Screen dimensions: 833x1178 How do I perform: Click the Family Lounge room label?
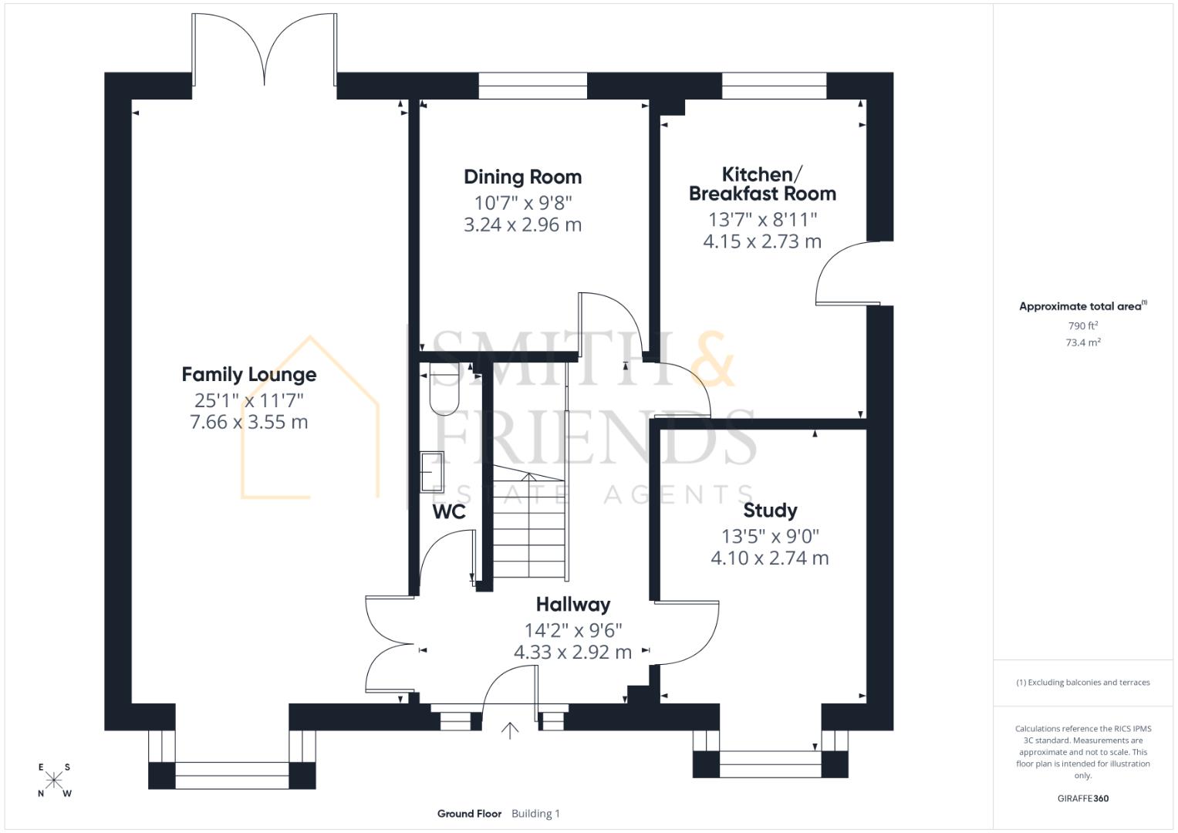tap(248, 375)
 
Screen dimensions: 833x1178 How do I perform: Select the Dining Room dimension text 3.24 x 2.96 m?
tap(522, 225)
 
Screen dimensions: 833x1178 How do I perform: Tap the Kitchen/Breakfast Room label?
tap(761, 184)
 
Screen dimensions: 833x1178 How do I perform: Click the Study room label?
tap(769, 511)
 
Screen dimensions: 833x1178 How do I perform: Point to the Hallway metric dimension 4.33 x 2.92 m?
tap(572, 653)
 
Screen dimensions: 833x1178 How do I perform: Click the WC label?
tap(448, 512)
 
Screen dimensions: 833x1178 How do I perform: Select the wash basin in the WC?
tap(430, 471)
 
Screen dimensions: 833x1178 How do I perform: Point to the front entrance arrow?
tap(510, 730)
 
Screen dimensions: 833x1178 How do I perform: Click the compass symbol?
tap(54, 780)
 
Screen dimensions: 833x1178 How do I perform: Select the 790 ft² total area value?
tap(1082, 326)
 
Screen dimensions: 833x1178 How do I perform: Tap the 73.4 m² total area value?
tap(1082, 343)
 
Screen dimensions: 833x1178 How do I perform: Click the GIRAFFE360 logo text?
tap(1082, 798)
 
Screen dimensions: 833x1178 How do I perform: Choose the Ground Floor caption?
tap(469, 814)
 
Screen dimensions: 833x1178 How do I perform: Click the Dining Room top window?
tap(532, 86)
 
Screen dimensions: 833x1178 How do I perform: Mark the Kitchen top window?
tap(774, 86)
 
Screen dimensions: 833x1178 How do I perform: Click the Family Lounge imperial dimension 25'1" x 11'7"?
tap(248, 400)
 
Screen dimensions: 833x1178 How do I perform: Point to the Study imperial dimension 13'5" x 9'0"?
tap(769, 536)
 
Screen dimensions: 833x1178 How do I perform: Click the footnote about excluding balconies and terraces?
tap(1082, 683)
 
